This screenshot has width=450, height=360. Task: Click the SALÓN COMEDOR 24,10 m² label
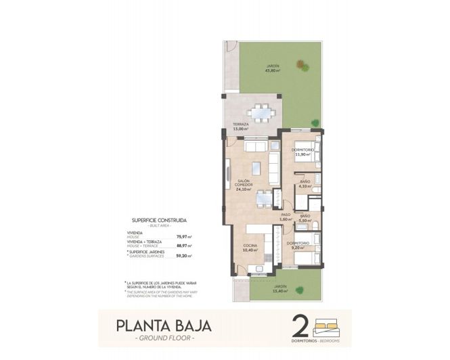[244, 185]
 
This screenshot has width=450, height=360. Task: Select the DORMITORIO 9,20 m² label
[298, 245]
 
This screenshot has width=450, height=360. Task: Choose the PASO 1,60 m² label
[286, 217]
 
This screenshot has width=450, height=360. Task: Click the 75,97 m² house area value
[184, 237]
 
